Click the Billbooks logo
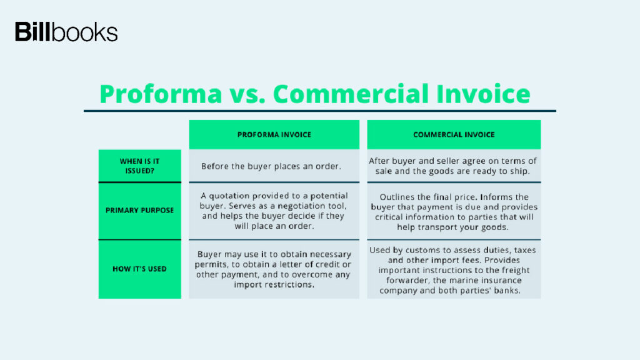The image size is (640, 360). click(66, 32)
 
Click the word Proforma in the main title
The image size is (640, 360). click(161, 94)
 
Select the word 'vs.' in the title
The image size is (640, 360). click(247, 94)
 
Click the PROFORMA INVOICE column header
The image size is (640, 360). click(274, 134)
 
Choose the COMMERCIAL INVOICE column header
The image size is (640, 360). click(454, 134)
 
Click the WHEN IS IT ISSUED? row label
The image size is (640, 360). click(139, 166)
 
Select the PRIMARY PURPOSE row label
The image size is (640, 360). click(139, 211)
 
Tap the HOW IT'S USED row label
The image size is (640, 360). click(139, 269)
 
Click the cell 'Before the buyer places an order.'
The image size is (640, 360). click(271, 166)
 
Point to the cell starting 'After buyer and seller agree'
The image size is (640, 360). click(452, 166)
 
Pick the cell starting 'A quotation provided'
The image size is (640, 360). click(274, 211)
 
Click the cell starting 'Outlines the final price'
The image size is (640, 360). click(454, 212)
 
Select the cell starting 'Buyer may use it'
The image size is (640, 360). click(274, 269)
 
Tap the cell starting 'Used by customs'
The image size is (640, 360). click(452, 270)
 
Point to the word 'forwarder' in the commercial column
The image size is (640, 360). click(407, 281)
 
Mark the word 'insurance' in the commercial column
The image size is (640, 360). click(501, 281)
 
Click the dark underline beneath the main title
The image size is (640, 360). click(320, 111)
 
